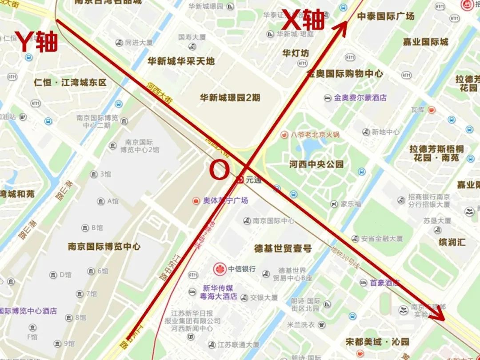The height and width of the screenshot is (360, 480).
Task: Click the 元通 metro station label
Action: point(253,180)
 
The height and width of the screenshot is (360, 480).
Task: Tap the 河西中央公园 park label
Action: point(316,164)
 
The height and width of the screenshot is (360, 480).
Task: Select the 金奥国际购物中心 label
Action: point(344,74)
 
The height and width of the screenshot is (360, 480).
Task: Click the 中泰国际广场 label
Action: point(385,16)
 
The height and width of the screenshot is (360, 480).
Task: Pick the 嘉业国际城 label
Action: point(425,42)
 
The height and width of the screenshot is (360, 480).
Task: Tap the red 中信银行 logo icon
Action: point(219,268)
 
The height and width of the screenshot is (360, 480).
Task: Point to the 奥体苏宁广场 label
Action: point(225,201)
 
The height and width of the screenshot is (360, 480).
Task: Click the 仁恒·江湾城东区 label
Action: point(70,83)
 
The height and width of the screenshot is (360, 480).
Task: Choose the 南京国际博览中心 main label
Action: point(104,246)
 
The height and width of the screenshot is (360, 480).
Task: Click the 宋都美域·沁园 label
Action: point(377,342)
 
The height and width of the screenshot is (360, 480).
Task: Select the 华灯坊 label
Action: point(296,53)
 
